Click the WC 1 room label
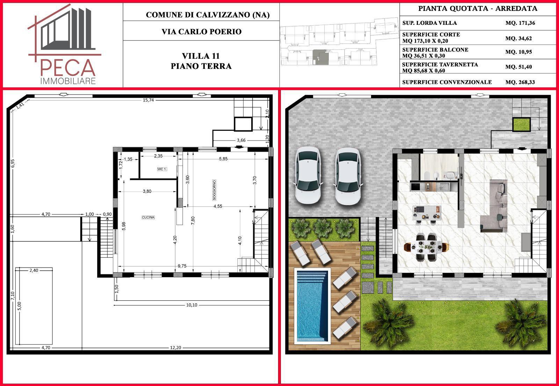(162, 169)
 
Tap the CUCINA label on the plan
(148, 217)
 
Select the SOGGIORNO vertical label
(214, 190)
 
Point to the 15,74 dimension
(148, 100)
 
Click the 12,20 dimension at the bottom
(175, 348)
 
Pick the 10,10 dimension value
(192, 305)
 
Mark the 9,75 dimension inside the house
(182, 266)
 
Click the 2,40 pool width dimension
(34, 270)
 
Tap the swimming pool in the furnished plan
(312, 306)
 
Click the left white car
(308, 175)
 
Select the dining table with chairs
(426, 247)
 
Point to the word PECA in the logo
(68, 68)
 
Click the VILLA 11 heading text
(201, 56)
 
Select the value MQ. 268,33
(520, 82)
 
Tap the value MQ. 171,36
(520, 23)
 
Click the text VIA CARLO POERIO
(201, 32)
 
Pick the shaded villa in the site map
(321, 57)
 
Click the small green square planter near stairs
(521, 124)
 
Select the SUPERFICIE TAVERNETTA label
(440, 65)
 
